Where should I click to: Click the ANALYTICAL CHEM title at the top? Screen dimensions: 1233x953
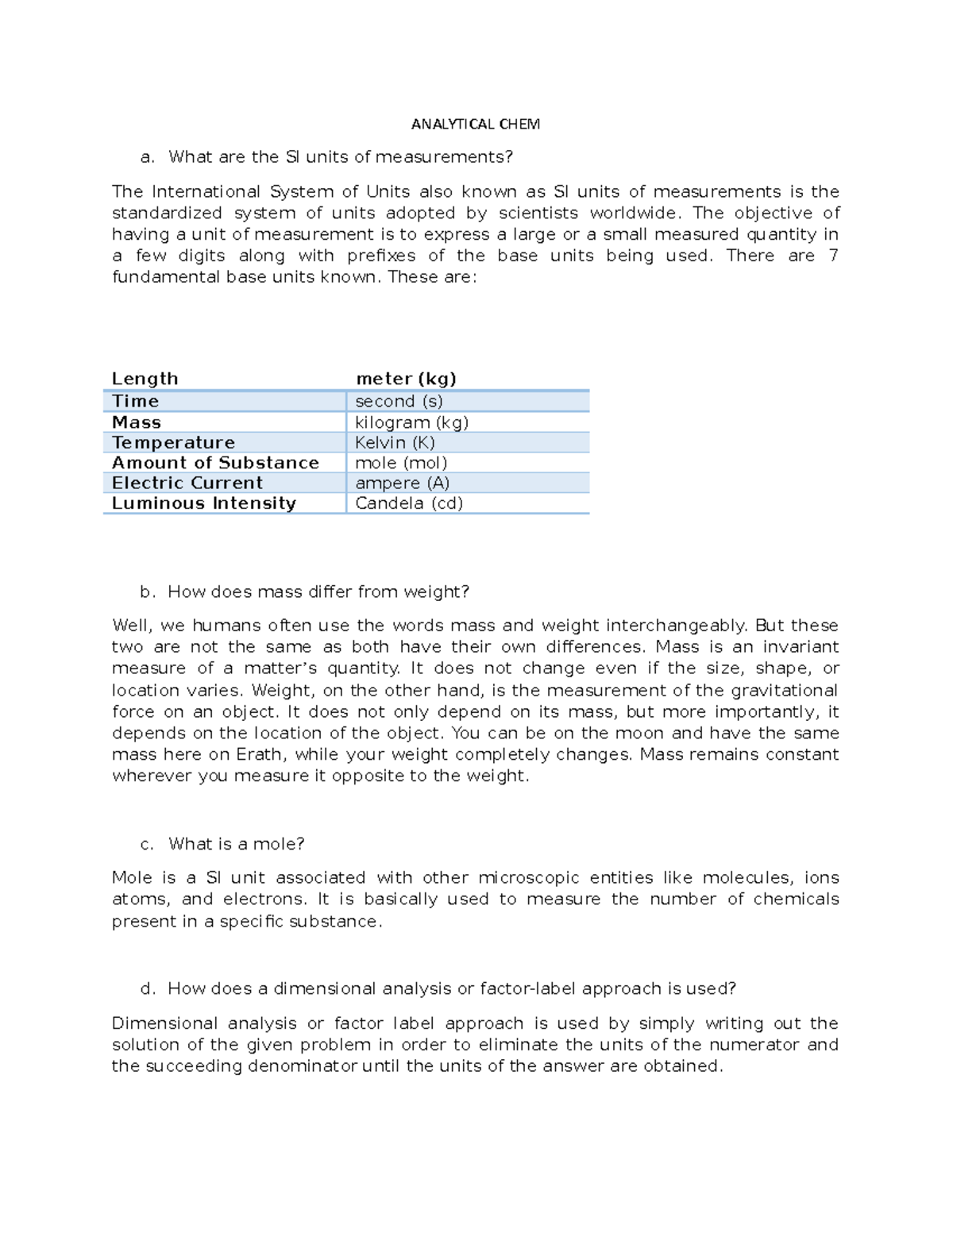475,124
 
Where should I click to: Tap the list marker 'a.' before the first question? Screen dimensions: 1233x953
146,157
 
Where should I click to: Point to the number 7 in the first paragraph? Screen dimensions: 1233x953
832,256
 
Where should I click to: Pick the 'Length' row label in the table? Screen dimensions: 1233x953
145,379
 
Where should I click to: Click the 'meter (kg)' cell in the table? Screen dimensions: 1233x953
406,379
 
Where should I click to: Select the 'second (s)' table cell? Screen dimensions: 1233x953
399,401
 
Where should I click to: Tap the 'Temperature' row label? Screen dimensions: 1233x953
173,442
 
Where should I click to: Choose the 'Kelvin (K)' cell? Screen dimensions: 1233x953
395,442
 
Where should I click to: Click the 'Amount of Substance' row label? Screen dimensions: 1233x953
215,463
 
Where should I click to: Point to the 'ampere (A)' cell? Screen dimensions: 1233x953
402,483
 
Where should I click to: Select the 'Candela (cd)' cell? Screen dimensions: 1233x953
408,503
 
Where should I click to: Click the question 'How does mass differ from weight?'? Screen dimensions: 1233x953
318,592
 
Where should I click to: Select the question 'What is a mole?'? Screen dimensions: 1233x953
236,844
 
